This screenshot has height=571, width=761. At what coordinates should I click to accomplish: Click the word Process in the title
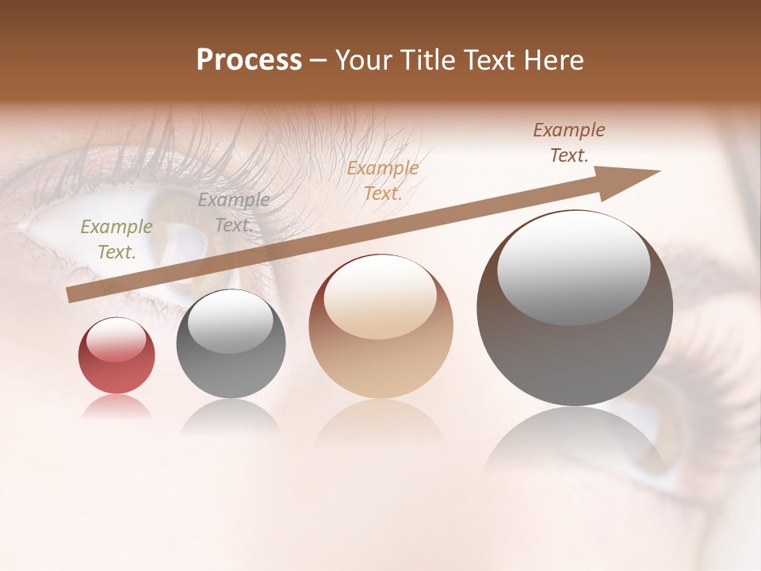tap(249, 60)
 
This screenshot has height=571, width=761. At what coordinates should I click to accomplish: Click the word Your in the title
tap(364, 60)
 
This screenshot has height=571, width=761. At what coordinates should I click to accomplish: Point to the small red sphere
tap(117, 355)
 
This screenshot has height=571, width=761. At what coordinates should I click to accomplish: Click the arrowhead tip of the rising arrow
tap(658, 171)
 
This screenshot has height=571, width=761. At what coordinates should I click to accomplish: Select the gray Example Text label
tap(234, 213)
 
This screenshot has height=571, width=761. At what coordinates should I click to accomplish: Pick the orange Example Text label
tap(383, 181)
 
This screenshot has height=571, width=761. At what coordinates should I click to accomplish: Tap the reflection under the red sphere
tap(117, 408)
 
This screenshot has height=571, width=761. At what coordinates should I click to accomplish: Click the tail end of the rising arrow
tap(71, 295)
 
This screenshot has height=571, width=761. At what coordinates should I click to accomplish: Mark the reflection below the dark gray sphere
tap(231, 418)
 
